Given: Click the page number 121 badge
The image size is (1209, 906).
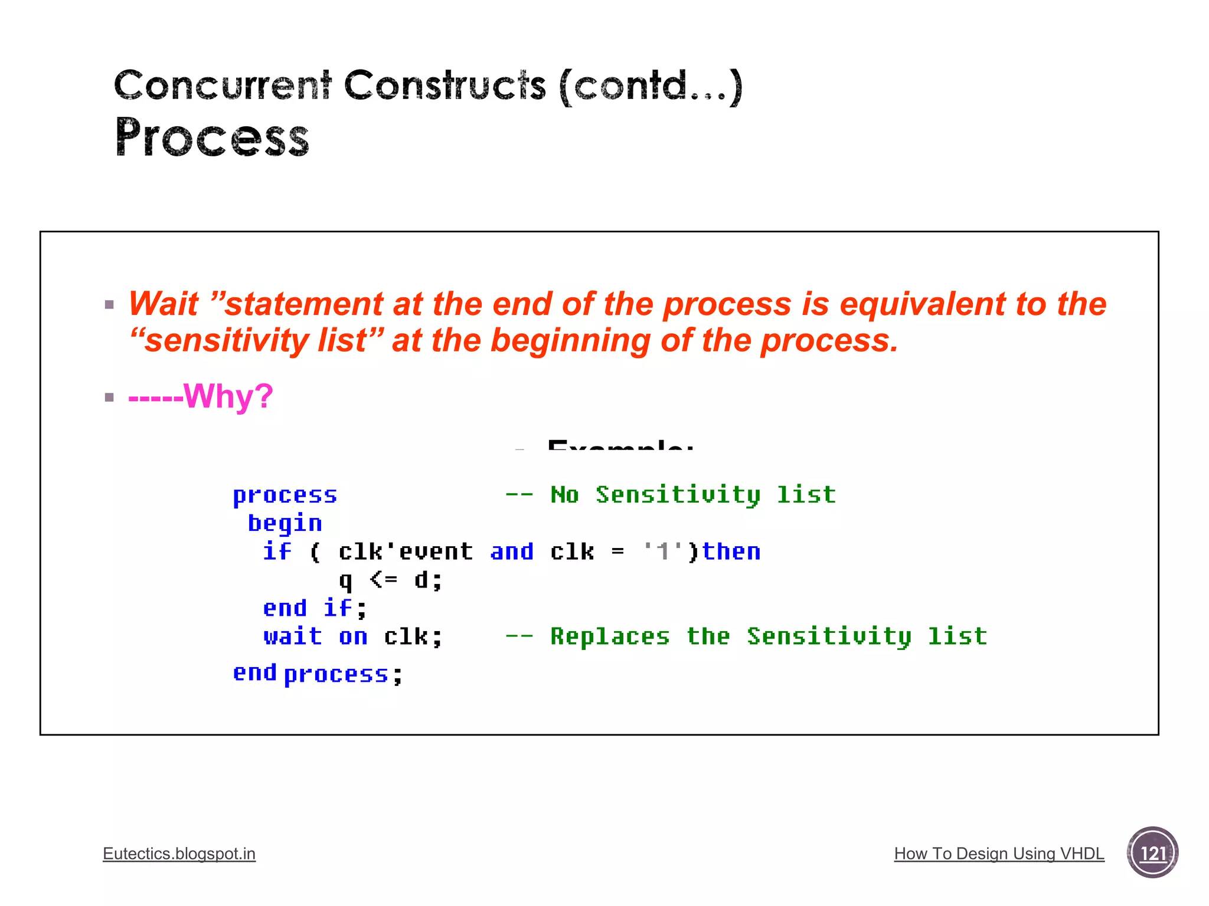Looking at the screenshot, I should coord(1152,853).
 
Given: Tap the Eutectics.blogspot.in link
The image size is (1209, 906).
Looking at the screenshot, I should coord(179,854).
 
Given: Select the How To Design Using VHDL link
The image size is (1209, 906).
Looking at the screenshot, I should coord(999,854).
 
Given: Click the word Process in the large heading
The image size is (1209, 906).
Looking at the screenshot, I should coord(212,138).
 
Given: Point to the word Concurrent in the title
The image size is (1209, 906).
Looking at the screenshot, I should coord(223,86).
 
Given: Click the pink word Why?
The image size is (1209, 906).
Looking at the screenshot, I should coord(228,396).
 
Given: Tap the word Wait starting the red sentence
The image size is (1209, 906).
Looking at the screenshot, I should coord(164,304).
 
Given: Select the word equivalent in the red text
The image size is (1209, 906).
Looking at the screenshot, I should coord(922,304).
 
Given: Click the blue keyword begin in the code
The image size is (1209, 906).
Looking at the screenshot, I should coord(285,523).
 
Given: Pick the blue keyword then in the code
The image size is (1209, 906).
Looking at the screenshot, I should coord(731,552).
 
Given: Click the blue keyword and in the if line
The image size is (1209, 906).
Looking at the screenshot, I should coord(512,552).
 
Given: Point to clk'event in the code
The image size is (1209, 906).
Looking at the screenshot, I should coord(406,552).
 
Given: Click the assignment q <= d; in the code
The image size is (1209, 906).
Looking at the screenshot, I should coord(390,580).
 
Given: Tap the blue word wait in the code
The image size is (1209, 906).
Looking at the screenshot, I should coord(293,636).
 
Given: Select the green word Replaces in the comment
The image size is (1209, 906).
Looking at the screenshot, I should coord(610,636).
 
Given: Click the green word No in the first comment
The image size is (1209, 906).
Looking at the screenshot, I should coord(564,494).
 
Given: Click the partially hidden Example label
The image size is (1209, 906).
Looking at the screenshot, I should coord(620,445).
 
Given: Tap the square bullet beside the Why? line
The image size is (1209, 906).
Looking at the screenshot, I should coord(109,397).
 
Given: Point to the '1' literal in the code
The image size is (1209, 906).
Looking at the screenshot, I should coord(662,552).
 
